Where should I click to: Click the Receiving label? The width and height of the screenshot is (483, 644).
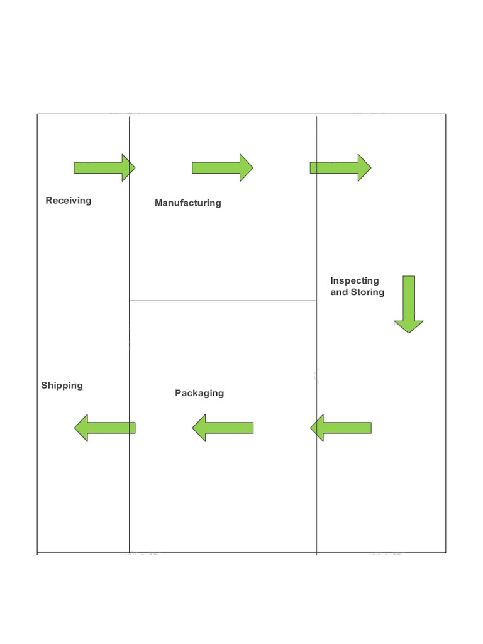69,201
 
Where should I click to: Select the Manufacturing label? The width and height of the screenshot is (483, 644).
187,203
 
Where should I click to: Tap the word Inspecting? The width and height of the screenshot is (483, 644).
355,280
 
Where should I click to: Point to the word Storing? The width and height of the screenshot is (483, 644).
367,292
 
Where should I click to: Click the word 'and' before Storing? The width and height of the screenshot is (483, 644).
339,292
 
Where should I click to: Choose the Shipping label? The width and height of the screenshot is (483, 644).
62,386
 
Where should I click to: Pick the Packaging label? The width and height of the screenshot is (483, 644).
199,393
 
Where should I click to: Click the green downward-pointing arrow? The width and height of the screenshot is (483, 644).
409,303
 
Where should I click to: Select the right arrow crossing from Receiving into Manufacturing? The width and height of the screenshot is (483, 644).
104,168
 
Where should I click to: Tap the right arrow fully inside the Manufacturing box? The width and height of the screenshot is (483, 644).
222,168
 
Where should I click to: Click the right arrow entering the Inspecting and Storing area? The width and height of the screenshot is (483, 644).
340,168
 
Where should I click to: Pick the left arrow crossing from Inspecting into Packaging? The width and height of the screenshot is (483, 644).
341,428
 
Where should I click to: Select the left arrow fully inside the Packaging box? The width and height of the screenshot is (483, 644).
223,428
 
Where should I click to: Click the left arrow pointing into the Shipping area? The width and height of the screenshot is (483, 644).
105,428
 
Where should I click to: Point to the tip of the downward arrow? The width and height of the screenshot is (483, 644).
409,331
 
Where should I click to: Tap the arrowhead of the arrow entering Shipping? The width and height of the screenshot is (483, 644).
82,428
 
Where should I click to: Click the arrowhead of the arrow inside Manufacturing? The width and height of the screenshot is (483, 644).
246,168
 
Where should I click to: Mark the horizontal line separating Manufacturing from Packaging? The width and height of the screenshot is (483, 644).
223,301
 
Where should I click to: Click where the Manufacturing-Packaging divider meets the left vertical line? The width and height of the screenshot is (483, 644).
130,301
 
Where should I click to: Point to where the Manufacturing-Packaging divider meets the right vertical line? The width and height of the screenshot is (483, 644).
316,301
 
